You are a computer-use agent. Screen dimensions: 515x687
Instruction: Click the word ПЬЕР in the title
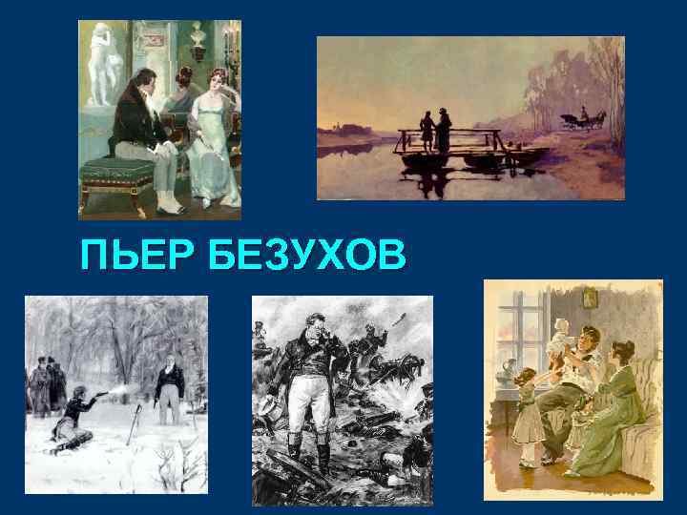(135, 256)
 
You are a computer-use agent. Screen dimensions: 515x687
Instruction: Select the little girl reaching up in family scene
(527, 410)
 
